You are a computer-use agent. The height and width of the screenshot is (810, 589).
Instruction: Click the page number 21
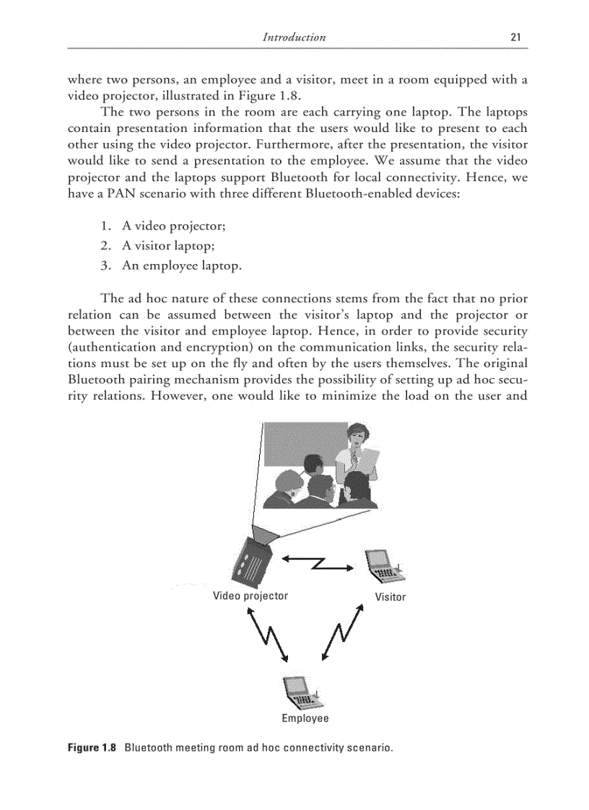515,38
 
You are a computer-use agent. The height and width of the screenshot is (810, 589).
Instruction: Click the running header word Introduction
294,38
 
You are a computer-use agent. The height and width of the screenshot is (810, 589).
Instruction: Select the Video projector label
250,596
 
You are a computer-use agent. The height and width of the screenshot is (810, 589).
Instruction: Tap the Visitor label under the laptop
390,597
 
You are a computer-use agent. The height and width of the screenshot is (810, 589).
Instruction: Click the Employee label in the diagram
305,718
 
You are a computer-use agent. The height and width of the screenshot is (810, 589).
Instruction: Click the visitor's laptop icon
384,567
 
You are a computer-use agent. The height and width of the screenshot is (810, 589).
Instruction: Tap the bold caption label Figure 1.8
92,747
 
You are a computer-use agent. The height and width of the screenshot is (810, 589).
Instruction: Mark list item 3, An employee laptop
181,265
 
